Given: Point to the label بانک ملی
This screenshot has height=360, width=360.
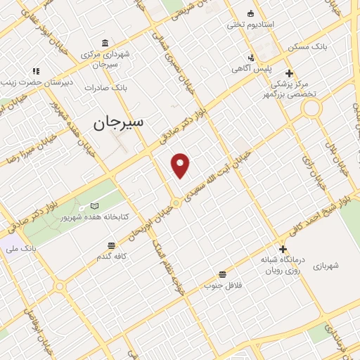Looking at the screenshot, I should click(39, 248).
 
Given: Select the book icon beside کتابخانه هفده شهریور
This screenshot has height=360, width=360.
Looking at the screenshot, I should click(95, 206).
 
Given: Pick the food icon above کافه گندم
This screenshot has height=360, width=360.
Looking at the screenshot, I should click(111, 245).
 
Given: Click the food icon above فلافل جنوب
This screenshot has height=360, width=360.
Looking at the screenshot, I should click(223, 274).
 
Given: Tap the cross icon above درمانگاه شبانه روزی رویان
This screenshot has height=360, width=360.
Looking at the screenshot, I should click(283, 249).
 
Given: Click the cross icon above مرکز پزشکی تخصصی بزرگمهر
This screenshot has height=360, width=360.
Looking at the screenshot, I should click(289, 73).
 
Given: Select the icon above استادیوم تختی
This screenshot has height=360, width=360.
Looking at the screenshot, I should click(251, 13).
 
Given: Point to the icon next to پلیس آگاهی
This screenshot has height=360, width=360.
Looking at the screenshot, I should click(251, 58).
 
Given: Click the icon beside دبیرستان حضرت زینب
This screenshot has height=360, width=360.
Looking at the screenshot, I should click(36, 71).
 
